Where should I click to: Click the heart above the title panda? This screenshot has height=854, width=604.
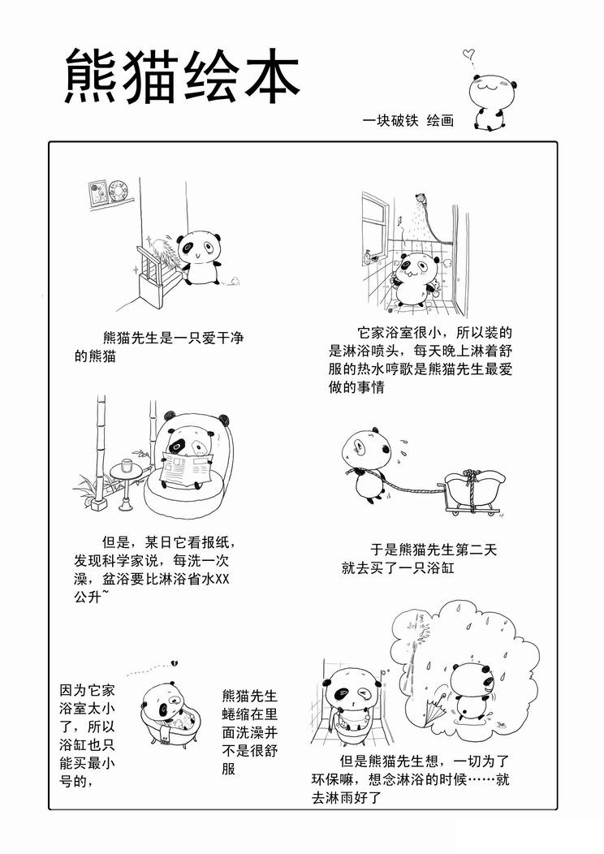pyautogui.click(x=467, y=54)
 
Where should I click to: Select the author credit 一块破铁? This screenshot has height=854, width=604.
pyautogui.click(x=390, y=120)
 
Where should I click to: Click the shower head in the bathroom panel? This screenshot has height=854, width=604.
pyautogui.click(x=420, y=199)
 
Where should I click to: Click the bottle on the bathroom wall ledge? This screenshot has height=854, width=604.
pyautogui.click(x=369, y=257)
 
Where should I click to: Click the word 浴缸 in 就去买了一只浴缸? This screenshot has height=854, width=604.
pyautogui.click(x=441, y=568)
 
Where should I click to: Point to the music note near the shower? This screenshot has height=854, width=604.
pyautogui.click(x=400, y=220)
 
